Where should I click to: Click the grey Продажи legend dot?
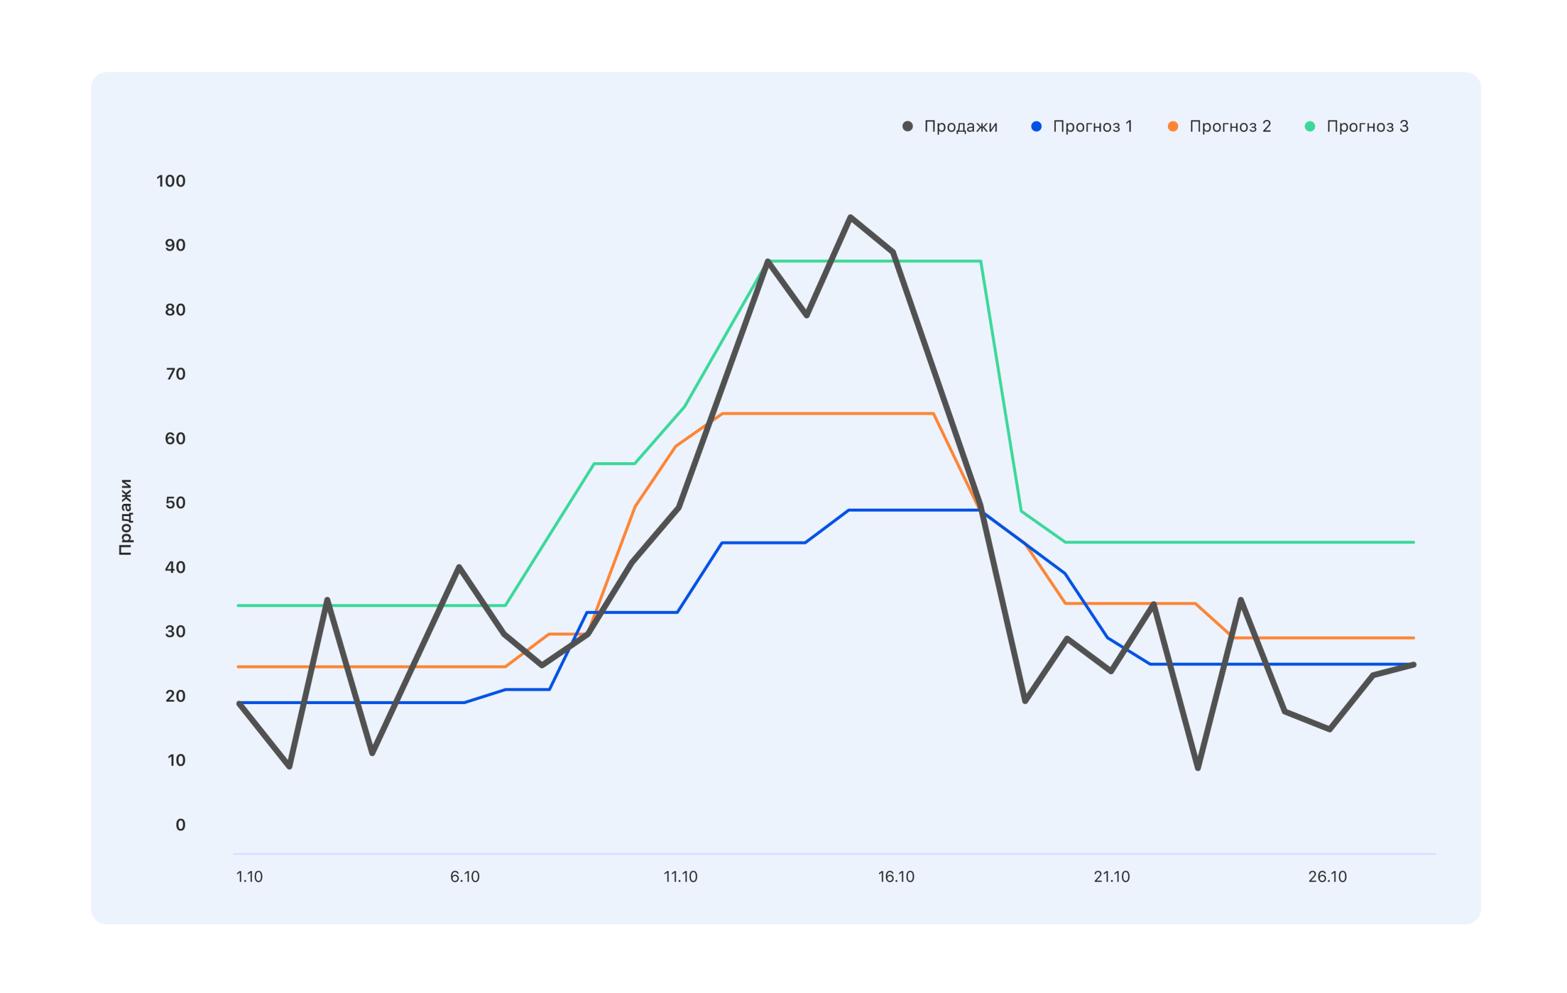point(907,126)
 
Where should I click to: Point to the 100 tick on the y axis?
point(171,181)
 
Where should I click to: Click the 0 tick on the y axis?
point(180,825)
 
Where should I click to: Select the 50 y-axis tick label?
point(175,503)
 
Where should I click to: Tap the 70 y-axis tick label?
point(175,374)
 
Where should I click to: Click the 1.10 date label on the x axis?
point(249,877)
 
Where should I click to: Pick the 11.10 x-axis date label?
point(680,877)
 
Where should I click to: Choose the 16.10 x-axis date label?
point(896,877)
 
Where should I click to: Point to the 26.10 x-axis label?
point(1328,877)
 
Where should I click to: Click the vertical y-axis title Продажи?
point(125,517)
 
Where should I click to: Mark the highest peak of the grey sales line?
point(851,217)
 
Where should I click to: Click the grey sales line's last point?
point(1413,665)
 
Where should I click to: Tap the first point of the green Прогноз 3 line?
point(239,606)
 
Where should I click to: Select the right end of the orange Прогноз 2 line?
point(1413,638)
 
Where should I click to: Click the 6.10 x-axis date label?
point(465,877)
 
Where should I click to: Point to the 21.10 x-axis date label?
point(1112,877)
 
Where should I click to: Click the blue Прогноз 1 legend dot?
point(1036,126)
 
